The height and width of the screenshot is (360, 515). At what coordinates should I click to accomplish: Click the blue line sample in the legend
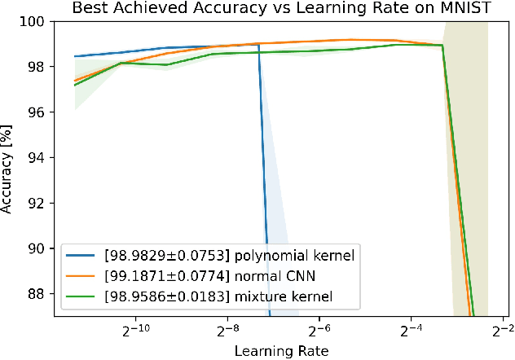coord(84,256)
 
